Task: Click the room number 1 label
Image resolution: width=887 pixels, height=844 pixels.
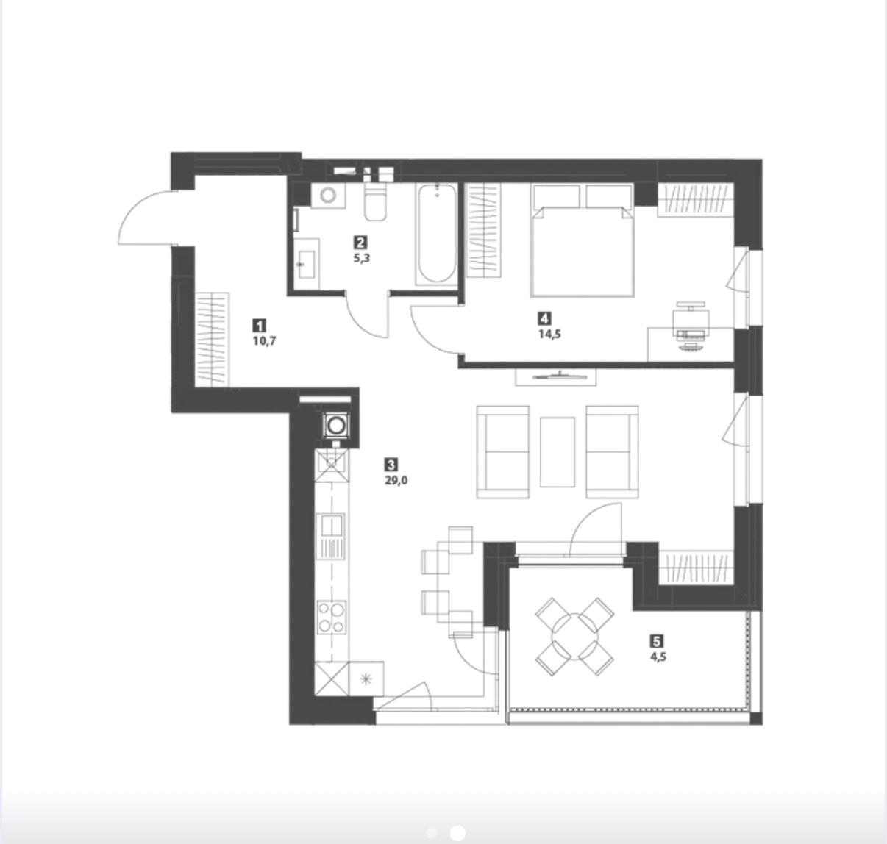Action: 260,325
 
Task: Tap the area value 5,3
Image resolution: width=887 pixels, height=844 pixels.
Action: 362,258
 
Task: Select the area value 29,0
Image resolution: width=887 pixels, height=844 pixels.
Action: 396,480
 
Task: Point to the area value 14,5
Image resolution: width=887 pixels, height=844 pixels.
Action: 549,334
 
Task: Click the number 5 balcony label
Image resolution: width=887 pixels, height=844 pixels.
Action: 657,640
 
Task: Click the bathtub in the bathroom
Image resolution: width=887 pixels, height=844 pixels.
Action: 437,234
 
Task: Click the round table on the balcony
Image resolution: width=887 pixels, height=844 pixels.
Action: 575,637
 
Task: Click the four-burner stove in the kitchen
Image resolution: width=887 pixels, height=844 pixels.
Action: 332,617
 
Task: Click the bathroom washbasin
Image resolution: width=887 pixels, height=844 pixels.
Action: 307,263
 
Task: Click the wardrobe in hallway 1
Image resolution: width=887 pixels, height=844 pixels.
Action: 212,339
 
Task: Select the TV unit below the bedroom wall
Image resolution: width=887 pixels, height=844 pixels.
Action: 556,376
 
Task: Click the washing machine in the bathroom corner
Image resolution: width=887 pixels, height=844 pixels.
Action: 328,195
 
